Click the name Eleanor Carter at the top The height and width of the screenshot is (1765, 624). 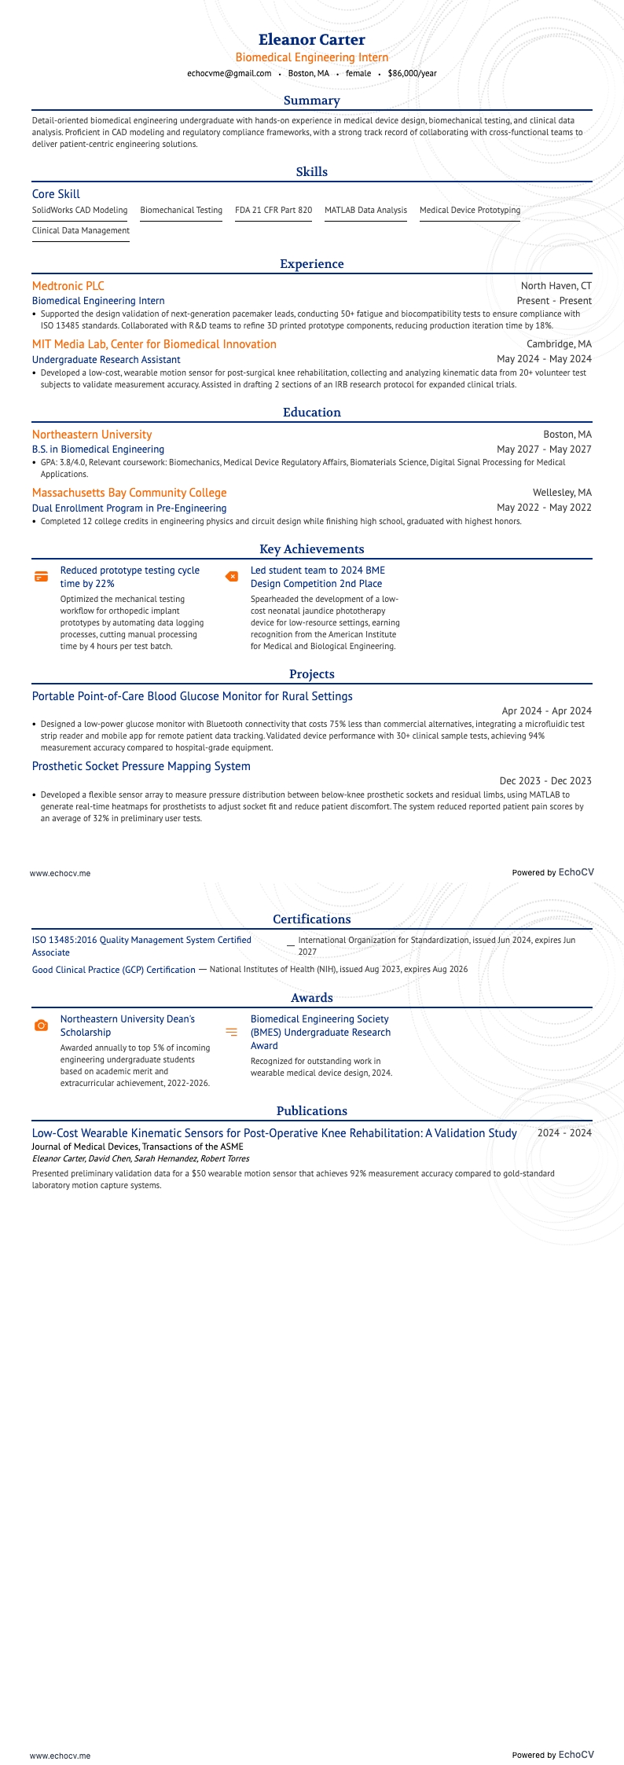click(312, 40)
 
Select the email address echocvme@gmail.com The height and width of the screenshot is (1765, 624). click(229, 73)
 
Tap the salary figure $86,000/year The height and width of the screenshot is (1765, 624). click(412, 73)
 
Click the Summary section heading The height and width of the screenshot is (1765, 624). click(312, 101)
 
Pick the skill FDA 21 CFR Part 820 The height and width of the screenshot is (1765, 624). click(273, 210)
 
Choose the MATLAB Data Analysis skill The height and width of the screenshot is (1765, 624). click(365, 210)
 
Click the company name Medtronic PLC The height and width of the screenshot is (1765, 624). click(68, 286)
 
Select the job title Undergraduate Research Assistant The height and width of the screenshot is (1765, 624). click(106, 359)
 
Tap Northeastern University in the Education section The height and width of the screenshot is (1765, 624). click(92, 435)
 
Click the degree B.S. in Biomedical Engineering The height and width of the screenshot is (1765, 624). click(98, 449)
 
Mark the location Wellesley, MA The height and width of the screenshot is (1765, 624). click(562, 493)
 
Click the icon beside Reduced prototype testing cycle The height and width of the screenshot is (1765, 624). click(42, 577)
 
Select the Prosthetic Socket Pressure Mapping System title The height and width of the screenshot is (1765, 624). click(141, 766)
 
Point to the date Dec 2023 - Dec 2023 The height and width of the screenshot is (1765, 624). click(545, 780)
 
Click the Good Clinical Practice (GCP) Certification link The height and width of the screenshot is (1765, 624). click(114, 970)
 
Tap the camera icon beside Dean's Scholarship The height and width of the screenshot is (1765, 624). click(42, 1026)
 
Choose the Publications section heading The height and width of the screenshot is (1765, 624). click(312, 1111)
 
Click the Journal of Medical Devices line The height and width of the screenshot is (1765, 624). click(138, 1147)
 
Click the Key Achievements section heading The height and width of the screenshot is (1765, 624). click(312, 549)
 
